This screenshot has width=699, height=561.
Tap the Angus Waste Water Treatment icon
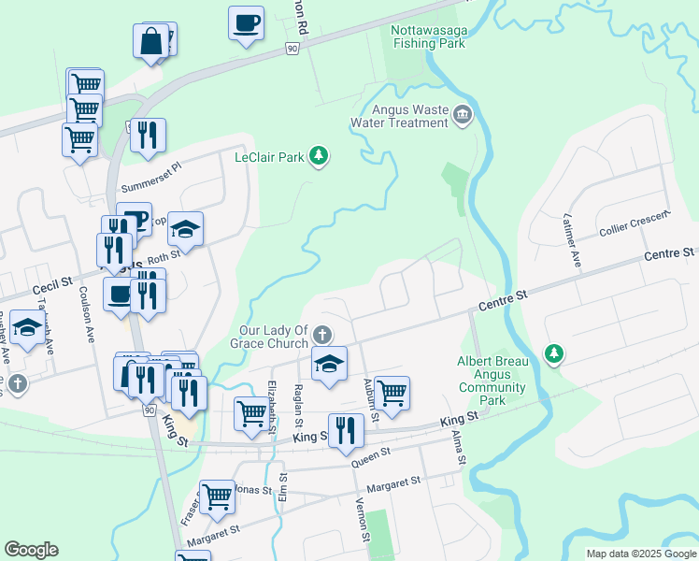[462, 116]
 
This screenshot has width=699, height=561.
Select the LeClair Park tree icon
[320, 155]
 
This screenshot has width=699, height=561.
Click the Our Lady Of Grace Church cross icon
[321, 335]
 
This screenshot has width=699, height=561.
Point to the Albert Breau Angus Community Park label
[492, 381]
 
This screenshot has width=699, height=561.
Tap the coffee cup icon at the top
[246, 22]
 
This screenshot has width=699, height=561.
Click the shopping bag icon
[150, 42]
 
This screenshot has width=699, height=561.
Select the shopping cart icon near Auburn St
[392, 392]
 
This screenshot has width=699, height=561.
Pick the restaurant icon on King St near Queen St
[348, 430]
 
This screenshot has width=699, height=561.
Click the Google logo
[31, 550]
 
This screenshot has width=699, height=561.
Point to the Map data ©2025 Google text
[640, 554]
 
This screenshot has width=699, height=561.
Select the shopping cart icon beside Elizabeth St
[251, 413]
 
